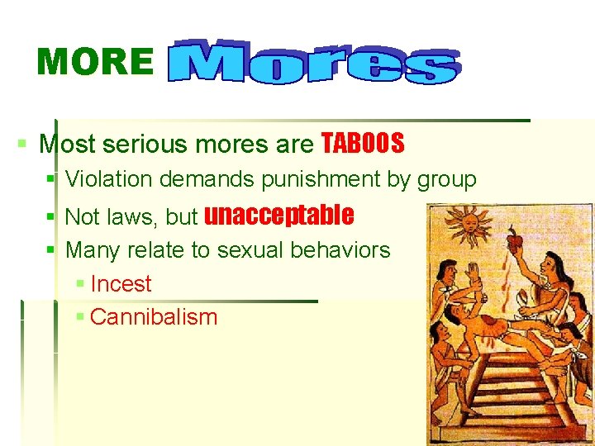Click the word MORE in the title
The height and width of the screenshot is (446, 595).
(x=95, y=63)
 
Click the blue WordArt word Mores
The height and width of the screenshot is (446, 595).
(x=313, y=61)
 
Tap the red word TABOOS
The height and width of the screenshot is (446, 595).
(x=363, y=144)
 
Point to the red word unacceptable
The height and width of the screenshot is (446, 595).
(x=278, y=216)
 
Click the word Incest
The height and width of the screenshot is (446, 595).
(x=121, y=283)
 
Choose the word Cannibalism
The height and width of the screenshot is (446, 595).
(x=153, y=316)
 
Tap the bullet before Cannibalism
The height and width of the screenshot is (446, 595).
(x=79, y=316)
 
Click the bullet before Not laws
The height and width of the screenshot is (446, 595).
(x=51, y=217)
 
